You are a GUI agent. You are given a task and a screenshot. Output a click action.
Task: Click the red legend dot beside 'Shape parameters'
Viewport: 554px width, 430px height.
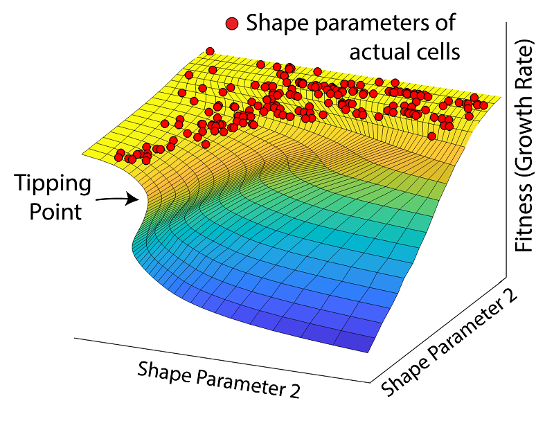pos(232,24)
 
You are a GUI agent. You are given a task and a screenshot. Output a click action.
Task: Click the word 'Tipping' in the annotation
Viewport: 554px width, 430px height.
pos(53,185)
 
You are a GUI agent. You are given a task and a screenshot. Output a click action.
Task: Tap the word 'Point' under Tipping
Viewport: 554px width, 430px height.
pos(55,210)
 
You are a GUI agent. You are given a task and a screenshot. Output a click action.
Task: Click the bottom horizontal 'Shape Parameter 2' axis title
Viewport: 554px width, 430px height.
pos(219,379)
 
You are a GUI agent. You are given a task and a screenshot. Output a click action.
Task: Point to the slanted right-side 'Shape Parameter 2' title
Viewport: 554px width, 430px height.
pos(451,344)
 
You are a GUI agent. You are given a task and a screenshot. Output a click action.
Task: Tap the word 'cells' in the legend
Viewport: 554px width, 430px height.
pos(439,51)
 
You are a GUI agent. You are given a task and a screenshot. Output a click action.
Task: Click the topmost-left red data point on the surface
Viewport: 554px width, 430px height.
pos(210,51)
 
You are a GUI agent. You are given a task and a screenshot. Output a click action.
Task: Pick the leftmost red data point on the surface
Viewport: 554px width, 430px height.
pos(116,157)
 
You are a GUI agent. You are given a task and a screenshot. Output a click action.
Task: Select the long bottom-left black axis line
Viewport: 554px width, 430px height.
pos(222,359)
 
